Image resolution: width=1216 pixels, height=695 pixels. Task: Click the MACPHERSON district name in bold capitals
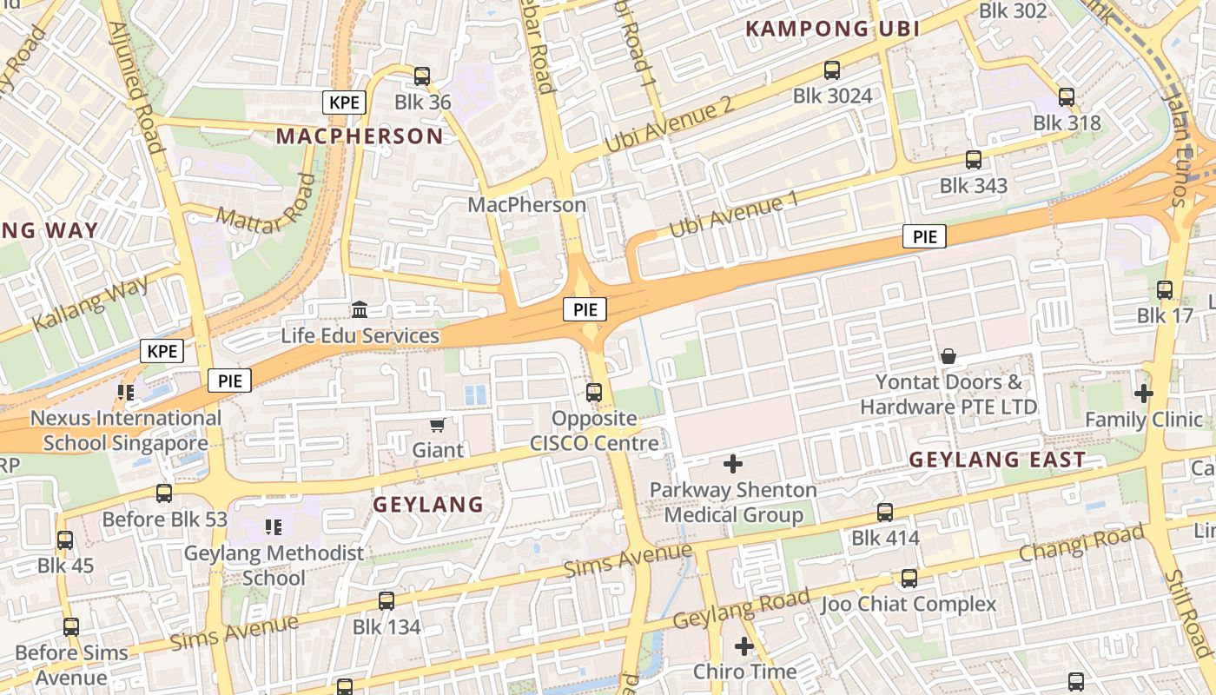[360, 136]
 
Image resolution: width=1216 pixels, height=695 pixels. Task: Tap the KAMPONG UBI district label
[832, 29]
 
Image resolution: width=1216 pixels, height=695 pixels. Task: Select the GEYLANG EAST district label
[997, 460]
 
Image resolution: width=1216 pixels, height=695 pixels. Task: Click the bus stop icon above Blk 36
[422, 76]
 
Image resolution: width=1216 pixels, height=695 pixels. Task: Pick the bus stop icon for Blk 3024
[832, 70]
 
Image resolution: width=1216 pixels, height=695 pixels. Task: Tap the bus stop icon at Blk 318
[1067, 97]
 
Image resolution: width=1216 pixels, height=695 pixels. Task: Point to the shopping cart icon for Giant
[438, 425]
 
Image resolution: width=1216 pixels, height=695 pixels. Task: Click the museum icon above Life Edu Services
[359, 310]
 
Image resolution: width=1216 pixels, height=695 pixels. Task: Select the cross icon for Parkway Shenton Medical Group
[734, 464]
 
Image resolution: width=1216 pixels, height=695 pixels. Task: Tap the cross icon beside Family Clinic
[1143, 394]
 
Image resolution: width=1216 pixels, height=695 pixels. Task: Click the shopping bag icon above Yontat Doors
[948, 356]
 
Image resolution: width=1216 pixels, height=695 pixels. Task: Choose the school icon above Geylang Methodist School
[274, 526]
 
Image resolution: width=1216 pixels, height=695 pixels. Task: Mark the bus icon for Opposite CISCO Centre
[594, 393]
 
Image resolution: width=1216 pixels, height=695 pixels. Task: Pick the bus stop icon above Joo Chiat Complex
[909, 578]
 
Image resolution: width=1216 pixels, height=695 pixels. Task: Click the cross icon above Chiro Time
[744, 646]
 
